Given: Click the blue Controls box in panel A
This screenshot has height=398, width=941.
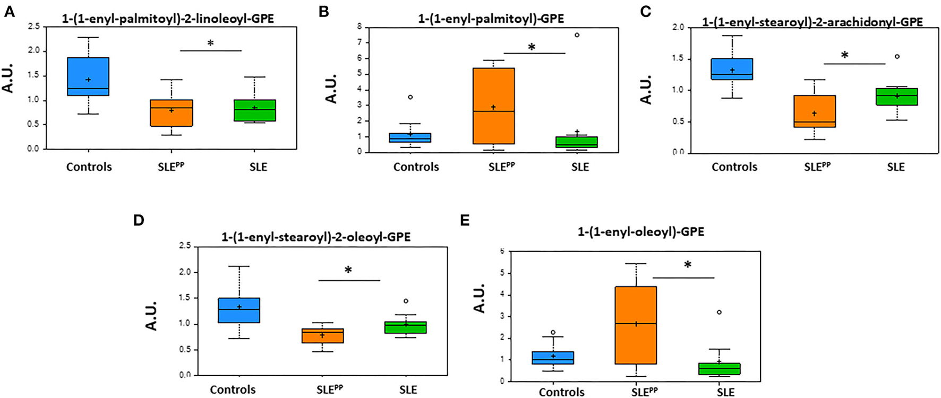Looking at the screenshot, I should (88, 76).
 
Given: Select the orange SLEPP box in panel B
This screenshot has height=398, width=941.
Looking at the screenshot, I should (494, 106).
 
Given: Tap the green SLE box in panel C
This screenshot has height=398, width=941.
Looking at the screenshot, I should (896, 97).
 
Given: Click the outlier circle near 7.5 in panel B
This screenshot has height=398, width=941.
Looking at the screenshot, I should (577, 35).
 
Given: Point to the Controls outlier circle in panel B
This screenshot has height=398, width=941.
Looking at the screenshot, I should (410, 97).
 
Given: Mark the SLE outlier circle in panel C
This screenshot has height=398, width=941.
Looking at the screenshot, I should (897, 56).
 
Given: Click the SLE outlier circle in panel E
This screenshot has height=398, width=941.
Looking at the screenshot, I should (719, 312).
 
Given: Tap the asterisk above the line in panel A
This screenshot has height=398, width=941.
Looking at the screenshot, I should (210, 43).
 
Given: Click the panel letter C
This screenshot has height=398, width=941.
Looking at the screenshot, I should (645, 12).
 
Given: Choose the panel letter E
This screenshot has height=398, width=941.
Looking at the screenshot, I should (465, 220).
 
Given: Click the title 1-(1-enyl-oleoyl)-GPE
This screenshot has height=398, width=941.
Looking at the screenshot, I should (640, 232).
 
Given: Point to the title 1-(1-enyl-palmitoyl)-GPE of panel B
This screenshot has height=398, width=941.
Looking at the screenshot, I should (491, 19).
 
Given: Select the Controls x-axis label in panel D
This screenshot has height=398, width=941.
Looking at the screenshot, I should (233, 390).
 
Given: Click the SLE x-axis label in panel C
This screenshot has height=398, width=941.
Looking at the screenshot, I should (895, 167).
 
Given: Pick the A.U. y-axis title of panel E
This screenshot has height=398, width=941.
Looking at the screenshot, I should (480, 298).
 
